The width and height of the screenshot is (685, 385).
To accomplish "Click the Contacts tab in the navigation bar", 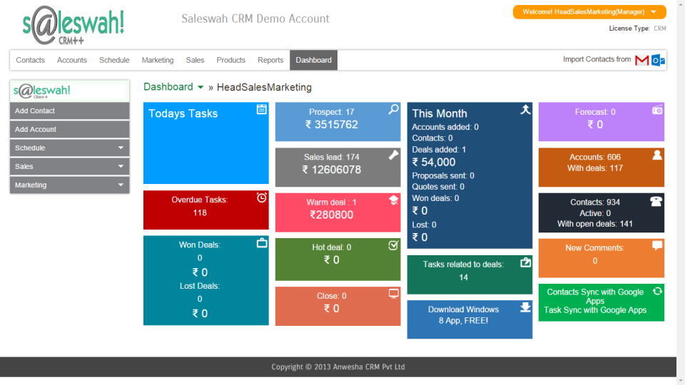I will (x=30, y=61).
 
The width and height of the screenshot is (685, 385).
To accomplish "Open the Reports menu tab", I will (x=270, y=61).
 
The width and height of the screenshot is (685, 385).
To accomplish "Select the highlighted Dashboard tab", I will (x=313, y=61).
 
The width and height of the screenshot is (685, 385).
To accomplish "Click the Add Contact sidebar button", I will (x=69, y=111).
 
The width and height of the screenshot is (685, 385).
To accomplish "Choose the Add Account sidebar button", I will (x=69, y=130).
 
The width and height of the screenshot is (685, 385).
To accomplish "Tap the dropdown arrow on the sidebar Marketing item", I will (x=121, y=185).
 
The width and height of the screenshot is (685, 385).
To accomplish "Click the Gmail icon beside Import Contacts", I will (x=641, y=61).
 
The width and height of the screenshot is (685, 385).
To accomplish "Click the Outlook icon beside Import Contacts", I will (x=658, y=61).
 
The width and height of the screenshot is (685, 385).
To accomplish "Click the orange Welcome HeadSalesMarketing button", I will (x=589, y=12).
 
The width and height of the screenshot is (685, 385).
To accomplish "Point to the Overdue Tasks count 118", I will (x=200, y=212).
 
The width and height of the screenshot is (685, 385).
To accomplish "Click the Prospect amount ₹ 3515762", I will (x=332, y=125).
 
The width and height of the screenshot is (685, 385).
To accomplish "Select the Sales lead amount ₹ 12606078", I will (x=332, y=170).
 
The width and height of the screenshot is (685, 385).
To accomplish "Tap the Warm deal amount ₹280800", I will (x=332, y=215).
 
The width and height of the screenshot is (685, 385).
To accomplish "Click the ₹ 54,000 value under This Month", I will (x=434, y=163).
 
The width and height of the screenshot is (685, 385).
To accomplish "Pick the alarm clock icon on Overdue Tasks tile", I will (x=262, y=197).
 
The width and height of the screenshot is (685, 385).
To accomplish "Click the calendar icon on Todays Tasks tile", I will (x=262, y=109).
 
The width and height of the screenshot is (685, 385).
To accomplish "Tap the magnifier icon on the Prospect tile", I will (x=393, y=109).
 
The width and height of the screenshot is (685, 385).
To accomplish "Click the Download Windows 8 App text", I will (x=463, y=315).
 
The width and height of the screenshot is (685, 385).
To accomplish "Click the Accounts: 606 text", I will (x=595, y=158).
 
